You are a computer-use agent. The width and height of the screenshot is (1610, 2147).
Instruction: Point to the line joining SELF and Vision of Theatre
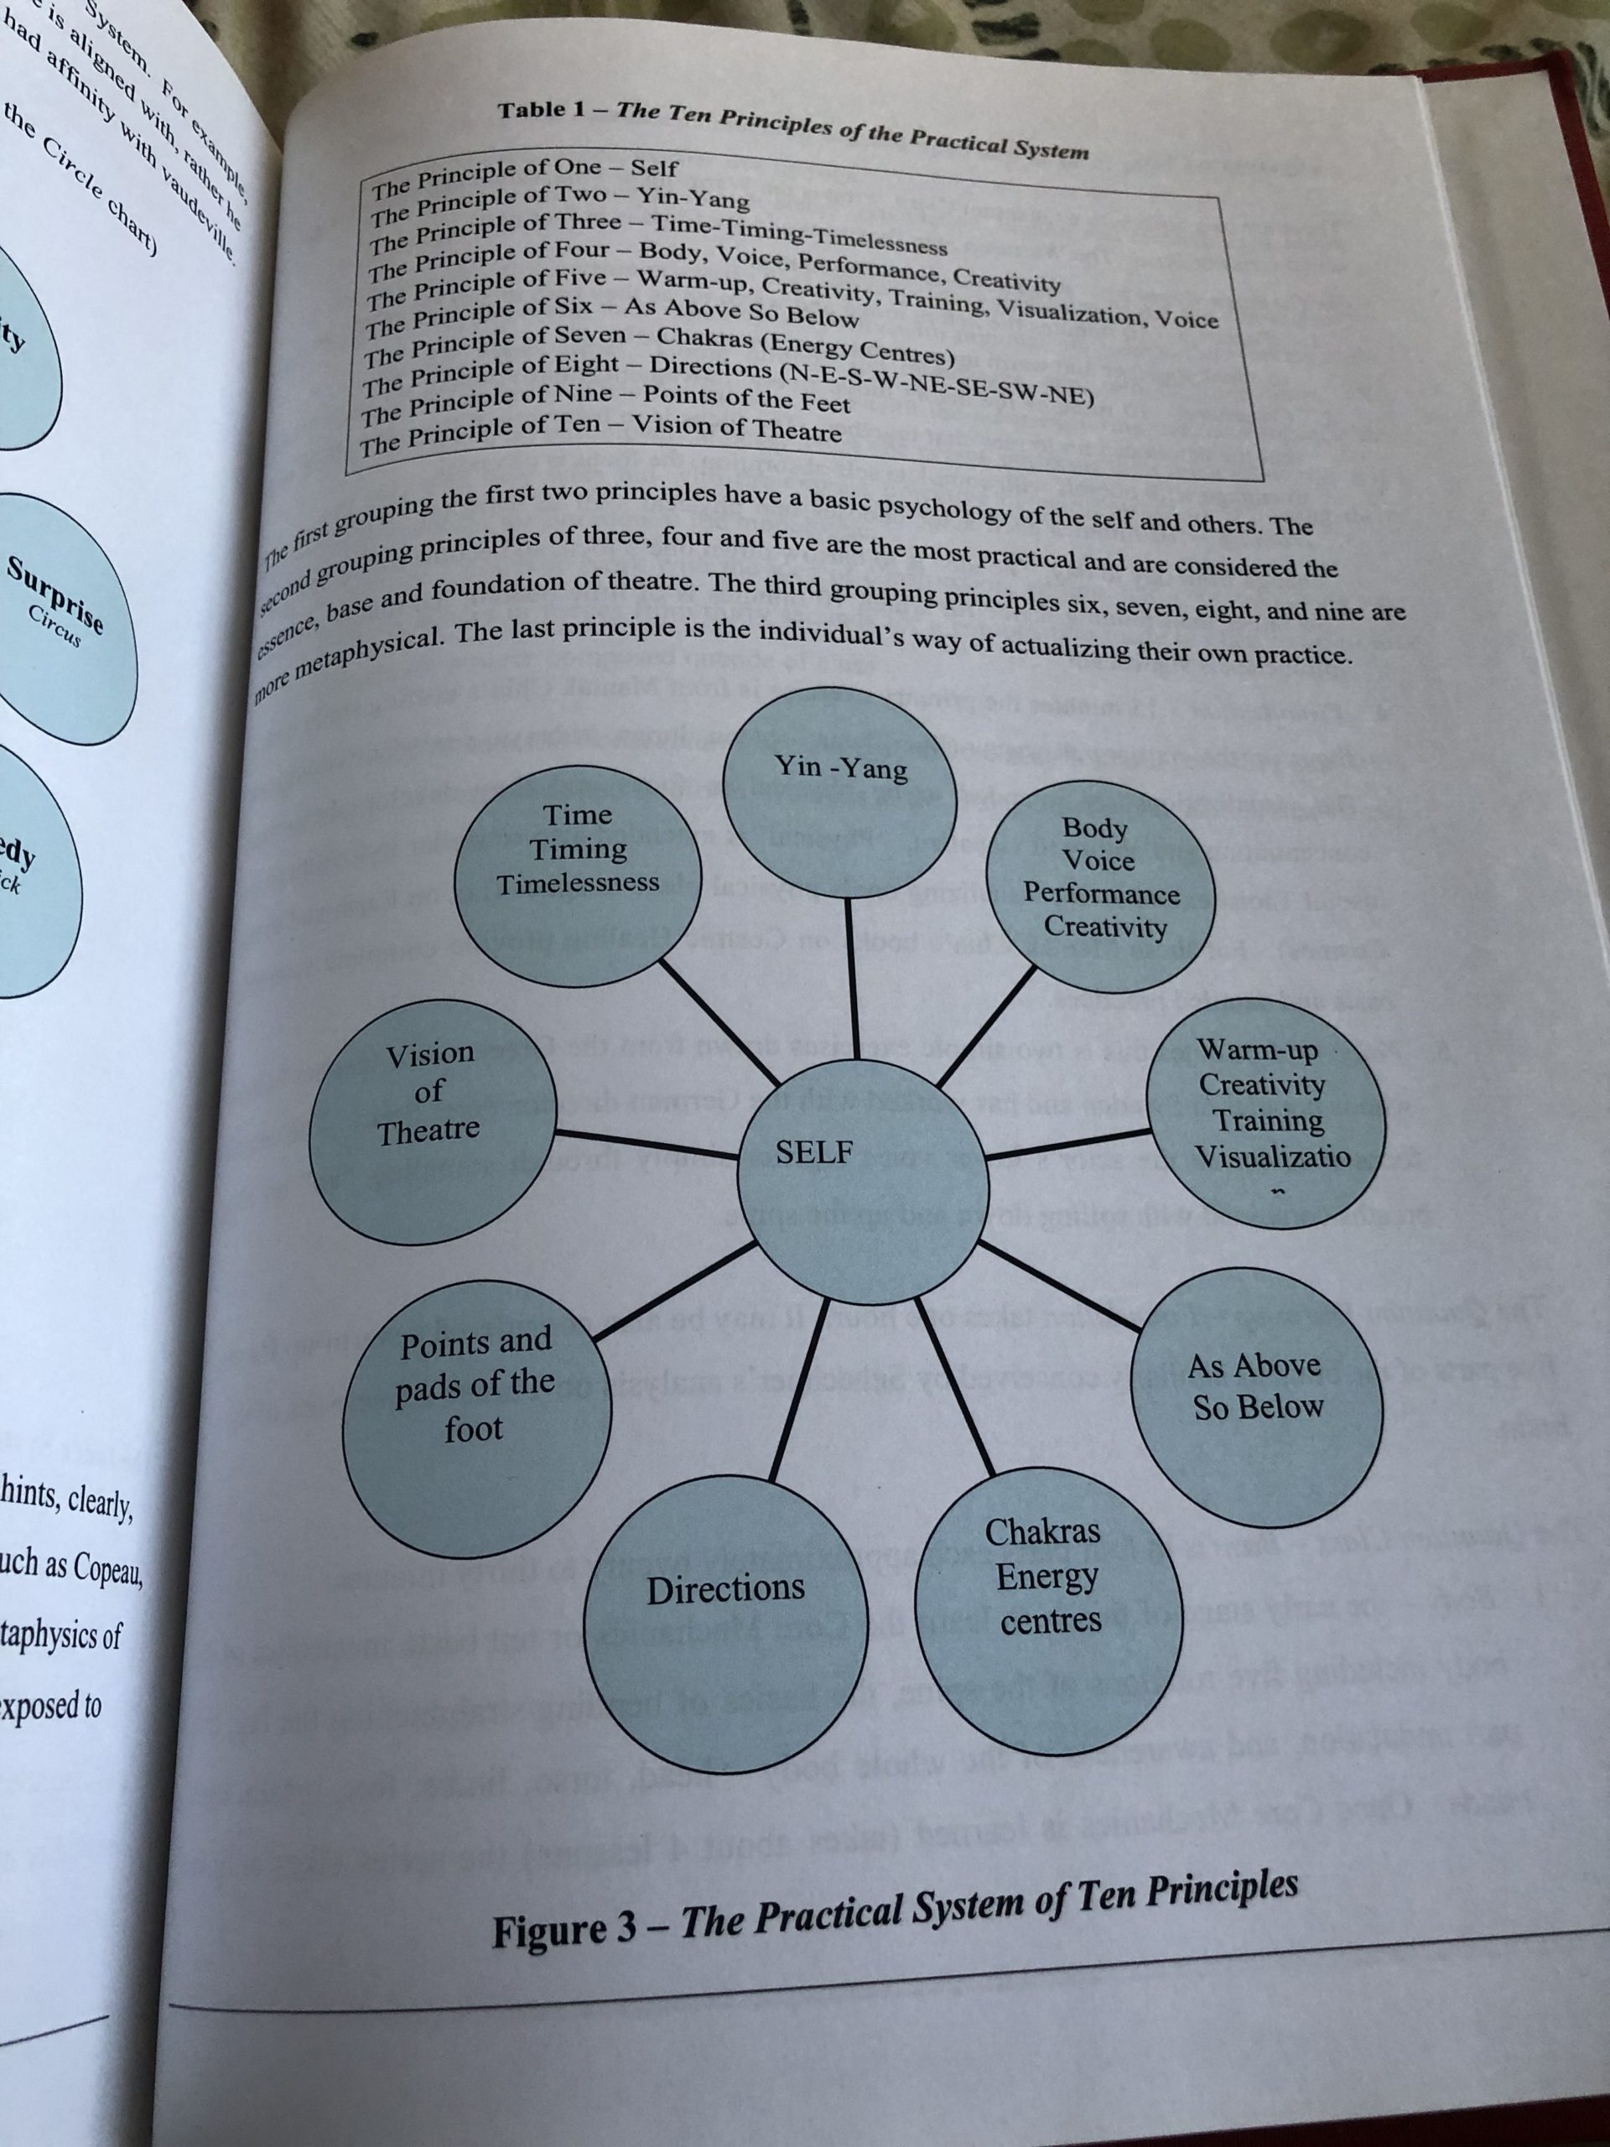(x=646, y=1143)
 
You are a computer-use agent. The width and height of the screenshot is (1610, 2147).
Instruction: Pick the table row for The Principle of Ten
(x=602, y=433)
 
